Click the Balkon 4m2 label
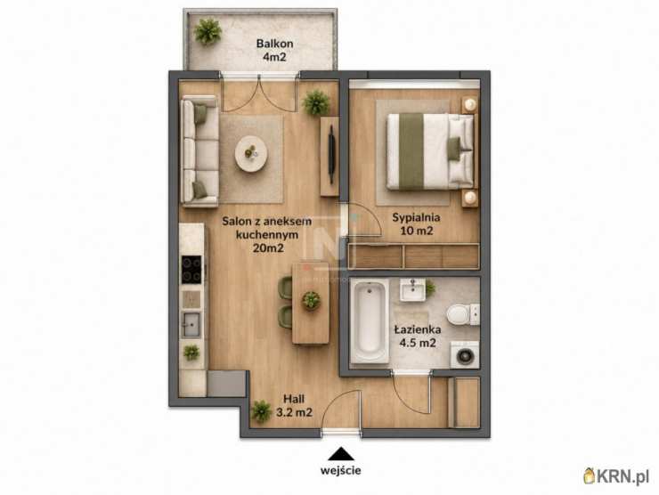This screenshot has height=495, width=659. point(274,50)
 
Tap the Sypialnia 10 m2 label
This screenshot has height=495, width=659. point(416,224)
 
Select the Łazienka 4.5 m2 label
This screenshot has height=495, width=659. point(418,337)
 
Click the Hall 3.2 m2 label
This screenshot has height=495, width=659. point(294,405)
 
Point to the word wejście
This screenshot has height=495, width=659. point(340,470)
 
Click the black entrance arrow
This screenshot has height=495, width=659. point(341,454)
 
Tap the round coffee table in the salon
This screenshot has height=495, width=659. point(251,154)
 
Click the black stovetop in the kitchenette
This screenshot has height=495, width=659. point(191,270)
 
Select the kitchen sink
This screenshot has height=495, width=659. point(191,324)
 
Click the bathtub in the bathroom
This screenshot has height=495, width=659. point(370,321)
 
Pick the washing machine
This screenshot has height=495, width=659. point(464,355)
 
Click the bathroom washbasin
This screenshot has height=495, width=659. point(412,289)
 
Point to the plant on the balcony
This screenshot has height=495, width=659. point(207,31)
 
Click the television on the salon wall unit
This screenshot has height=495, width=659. point(331,154)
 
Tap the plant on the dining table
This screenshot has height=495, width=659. point(311,300)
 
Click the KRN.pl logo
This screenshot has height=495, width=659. point(616,476)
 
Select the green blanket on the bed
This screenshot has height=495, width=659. point(411,150)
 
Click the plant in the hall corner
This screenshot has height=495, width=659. point(262,411)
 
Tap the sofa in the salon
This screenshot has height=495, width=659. point(200,150)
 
